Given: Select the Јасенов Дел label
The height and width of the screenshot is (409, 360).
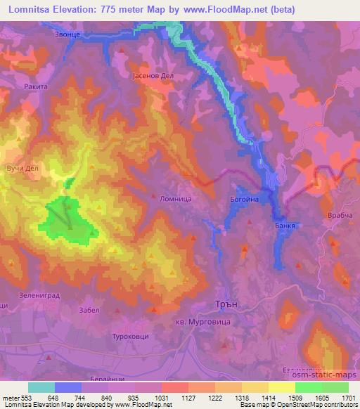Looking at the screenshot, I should click(x=152, y=76).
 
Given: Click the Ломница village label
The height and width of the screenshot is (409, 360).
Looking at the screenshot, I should click(x=176, y=199).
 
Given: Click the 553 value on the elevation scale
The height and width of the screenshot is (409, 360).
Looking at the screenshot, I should click(x=20, y=397).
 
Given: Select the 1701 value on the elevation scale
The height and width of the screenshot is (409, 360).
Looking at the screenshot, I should click(x=348, y=397).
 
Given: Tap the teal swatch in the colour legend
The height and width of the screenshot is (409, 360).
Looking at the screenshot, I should click(x=41, y=387).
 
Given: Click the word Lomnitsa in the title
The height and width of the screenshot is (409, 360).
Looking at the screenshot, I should click(x=28, y=9).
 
